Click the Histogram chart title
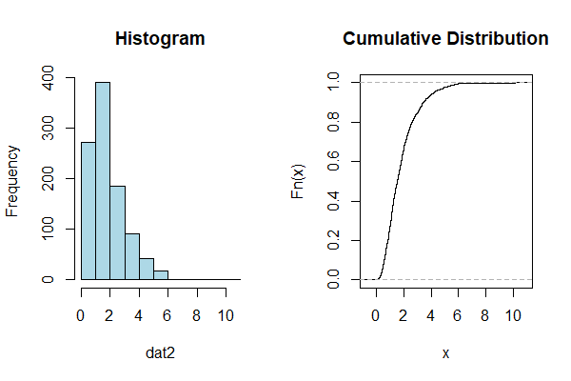(160, 39)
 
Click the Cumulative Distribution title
(445, 39)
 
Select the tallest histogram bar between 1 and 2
(103, 181)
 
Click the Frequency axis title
(13, 180)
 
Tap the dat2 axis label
(160, 353)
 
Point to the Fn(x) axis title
(298, 180)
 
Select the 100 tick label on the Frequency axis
(47, 230)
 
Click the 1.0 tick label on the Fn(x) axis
(332, 82)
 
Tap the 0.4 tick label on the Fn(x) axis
(332, 201)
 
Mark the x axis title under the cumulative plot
(445, 353)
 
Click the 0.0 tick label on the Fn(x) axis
(332, 279)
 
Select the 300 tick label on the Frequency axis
(47, 128)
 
